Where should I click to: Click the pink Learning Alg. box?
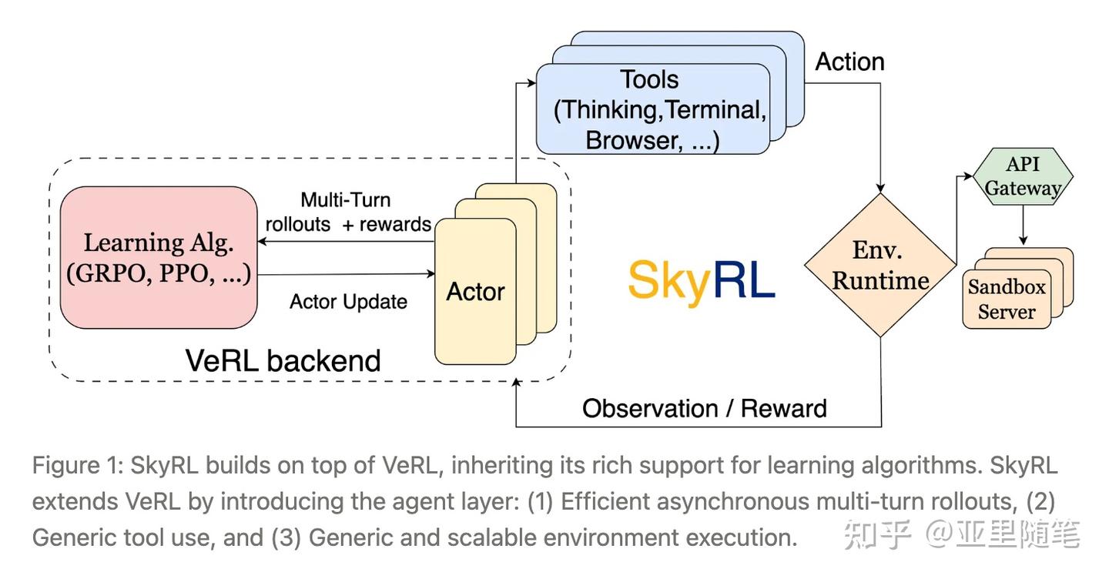[159, 257]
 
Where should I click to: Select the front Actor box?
[475, 292]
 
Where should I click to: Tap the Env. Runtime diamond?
[880, 265]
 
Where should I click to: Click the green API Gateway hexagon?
[1023, 176]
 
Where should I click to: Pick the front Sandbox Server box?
[1007, 300]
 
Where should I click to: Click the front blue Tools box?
[652, 109]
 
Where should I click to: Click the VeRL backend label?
[283, 360]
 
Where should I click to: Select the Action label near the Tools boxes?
[849, 62]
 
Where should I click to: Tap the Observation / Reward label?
[704, 408]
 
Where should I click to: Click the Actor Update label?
[348, 301]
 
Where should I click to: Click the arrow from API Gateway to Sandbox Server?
[1023, 227]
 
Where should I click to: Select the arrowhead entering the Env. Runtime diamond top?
[880, 188]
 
